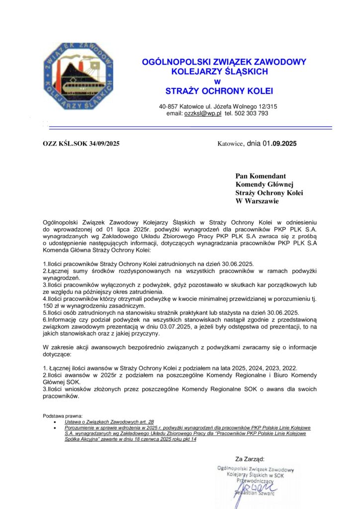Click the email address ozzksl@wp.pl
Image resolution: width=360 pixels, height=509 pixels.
[203, 113]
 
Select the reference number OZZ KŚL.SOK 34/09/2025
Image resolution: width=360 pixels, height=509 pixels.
[81, 144]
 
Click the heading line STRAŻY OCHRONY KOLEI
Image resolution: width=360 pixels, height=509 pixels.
[219, 91]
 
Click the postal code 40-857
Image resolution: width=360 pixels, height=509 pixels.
[168, 106]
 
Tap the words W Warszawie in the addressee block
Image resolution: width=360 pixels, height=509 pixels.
[257, 201]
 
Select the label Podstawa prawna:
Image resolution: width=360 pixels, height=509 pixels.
[63, 416]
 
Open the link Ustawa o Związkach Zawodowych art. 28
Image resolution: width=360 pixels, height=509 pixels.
[109, 422]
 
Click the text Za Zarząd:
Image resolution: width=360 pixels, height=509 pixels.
[250, 458]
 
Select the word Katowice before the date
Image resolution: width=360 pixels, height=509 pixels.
[230, 144]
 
